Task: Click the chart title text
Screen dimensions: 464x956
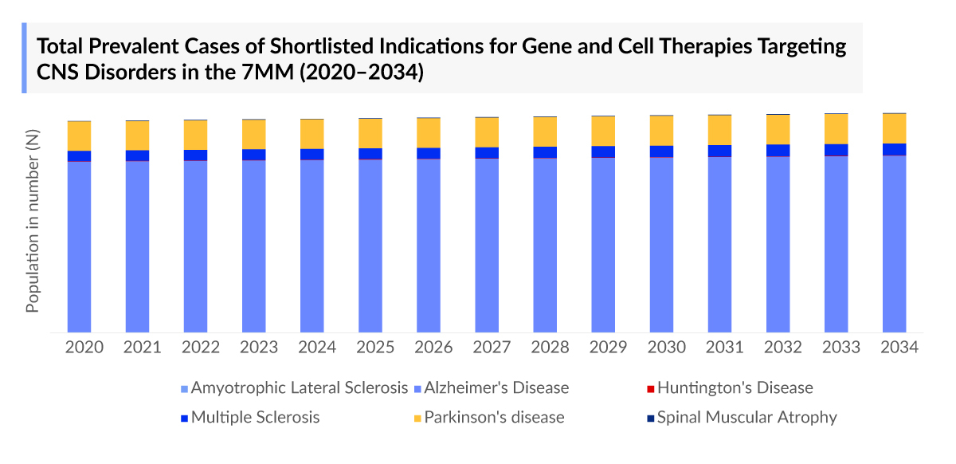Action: (441, 58)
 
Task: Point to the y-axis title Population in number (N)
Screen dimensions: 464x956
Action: (33, 222)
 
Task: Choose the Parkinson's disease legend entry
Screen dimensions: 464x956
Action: (494, 417)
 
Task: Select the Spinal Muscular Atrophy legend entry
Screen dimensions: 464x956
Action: (746, 417)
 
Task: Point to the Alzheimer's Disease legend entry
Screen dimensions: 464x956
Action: (496, 388)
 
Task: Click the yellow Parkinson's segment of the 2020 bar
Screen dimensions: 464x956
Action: (79, 136)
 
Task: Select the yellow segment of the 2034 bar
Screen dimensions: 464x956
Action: (895, 128)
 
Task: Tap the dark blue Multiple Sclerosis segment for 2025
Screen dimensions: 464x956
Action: (370, 154)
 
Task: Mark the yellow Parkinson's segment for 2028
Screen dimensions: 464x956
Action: (545, 132)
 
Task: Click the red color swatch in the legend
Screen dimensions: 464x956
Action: (650, 389)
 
